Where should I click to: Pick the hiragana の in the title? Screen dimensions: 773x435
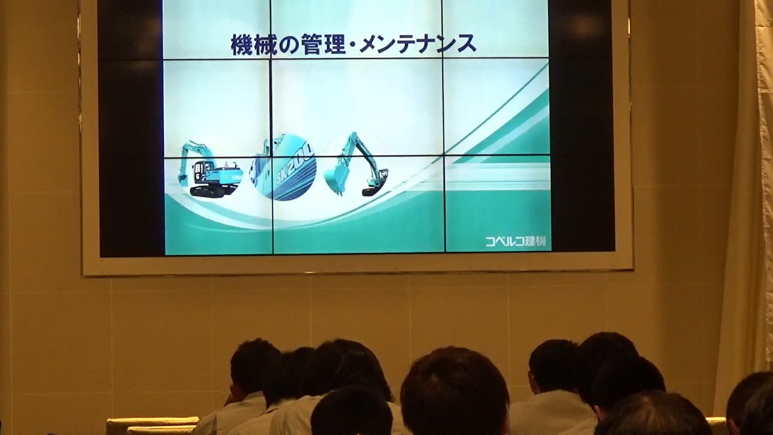[x=288, y=45]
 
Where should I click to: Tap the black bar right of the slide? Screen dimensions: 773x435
[x=582, y=125]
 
